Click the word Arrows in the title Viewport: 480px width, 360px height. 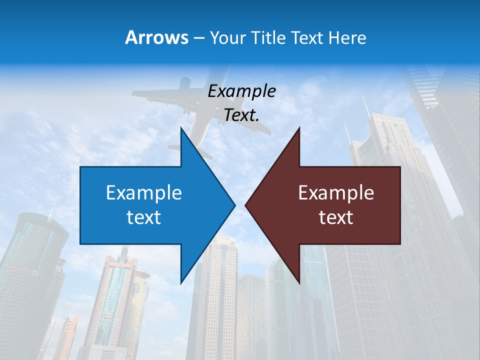point(156,37)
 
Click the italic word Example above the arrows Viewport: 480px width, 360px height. point(241,91)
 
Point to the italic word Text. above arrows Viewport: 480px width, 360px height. point(241,115)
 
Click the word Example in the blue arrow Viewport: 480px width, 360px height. point(143,192)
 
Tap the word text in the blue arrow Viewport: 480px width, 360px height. point(143,217)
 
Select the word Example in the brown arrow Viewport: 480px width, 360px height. point(336,192)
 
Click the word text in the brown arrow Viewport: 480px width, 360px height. point(336,217)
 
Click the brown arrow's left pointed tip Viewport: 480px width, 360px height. point(246,205)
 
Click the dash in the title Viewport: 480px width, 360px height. point(198,38)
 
